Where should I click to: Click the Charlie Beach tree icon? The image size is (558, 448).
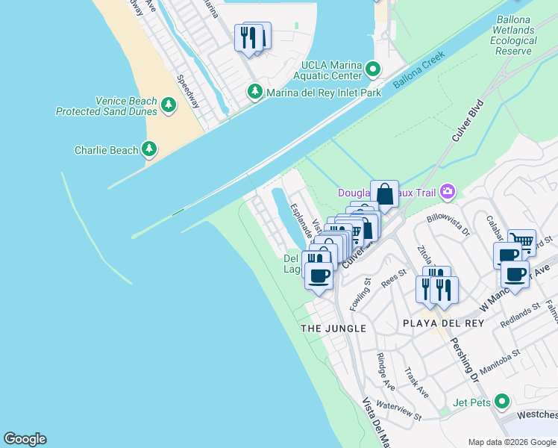point(150,150)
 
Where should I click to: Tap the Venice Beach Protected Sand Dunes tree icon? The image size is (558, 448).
point(169,106)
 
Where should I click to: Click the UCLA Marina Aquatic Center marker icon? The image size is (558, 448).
point(374,70)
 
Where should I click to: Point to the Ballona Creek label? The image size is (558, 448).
point(419,71)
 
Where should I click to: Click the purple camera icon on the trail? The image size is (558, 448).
point(448,192)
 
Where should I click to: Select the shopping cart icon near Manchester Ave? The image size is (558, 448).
point(522,241)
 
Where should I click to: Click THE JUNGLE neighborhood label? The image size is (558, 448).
point(333,329)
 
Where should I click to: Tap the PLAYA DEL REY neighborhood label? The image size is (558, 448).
point(443,323)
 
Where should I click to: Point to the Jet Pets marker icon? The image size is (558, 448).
point(503,402)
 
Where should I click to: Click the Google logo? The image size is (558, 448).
point(25,439)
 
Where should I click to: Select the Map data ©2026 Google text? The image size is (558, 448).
point(511,441)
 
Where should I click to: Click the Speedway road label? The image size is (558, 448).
point(188,92)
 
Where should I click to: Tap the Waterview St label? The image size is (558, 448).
point(399,410)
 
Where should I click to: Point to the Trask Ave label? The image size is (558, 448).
point(416,382)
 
